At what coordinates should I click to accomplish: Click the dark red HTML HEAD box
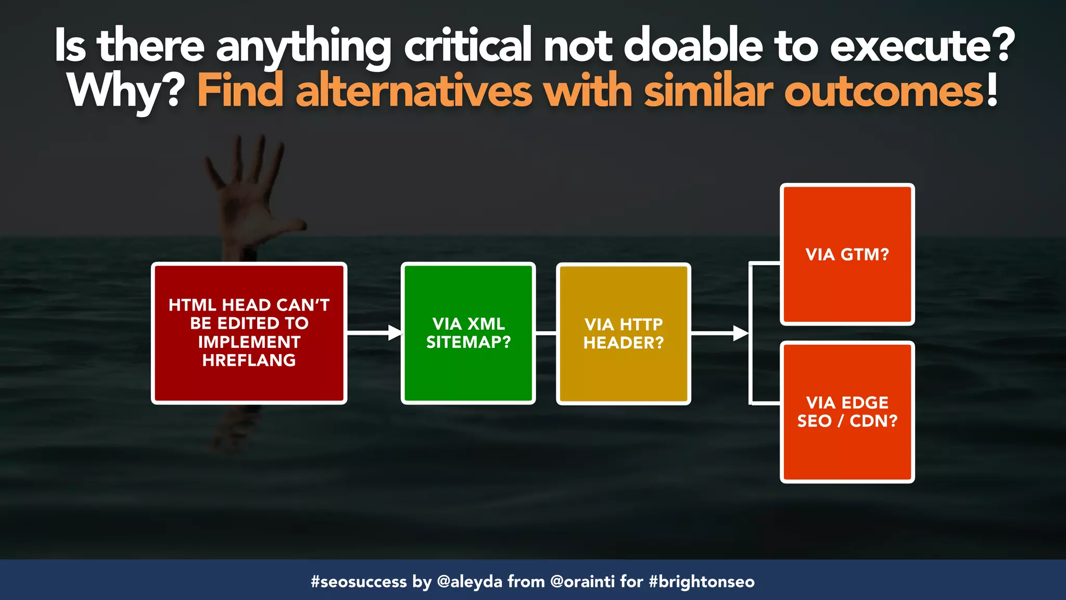click(249, 333)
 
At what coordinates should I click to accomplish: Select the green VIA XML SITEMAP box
click(468, 333)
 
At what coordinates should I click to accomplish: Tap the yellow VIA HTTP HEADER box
click(623, 334)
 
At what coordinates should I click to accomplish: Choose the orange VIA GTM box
click(847, 254)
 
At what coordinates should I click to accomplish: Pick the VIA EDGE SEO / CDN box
click(847, 412)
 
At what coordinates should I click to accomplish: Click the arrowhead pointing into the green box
click(396, 332)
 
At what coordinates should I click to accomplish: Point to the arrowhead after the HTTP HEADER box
click(740, 333)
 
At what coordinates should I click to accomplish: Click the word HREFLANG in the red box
click(249, 360)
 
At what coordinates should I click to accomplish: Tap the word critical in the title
click(467, 46)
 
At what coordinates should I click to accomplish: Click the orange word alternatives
click(414, 92)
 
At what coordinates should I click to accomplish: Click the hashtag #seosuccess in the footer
click(359, 581)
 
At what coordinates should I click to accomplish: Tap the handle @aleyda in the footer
click(469, 581)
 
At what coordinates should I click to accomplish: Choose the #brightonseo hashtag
click(702, 581)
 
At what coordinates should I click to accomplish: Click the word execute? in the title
click(922, 46)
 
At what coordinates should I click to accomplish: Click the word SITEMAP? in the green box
click(468, 342)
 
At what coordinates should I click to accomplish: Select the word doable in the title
click(693, 46)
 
